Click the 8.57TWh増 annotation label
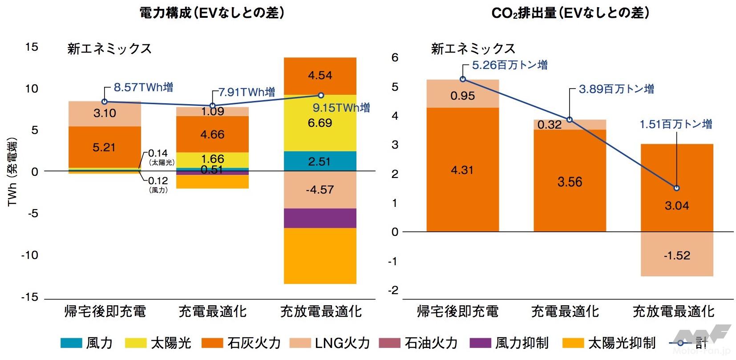(143, 87)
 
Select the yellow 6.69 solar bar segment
(320, 123)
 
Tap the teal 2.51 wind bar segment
(320, 161)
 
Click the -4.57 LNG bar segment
(320, 190)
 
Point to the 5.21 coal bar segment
(105, 147)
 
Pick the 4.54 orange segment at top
(320, 76)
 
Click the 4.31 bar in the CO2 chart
(462, 170)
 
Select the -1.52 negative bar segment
(677, 255)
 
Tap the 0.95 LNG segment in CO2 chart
(462, 95)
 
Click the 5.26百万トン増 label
(510, 65)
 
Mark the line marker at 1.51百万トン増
(677, 188)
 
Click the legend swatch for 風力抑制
(480, 343)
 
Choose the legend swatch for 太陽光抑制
(573, 343)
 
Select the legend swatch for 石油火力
(390, 343)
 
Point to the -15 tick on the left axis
(30, 297)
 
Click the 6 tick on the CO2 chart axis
(395, 57)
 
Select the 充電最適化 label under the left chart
(212, 311)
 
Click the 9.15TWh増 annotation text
(341, 108)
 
